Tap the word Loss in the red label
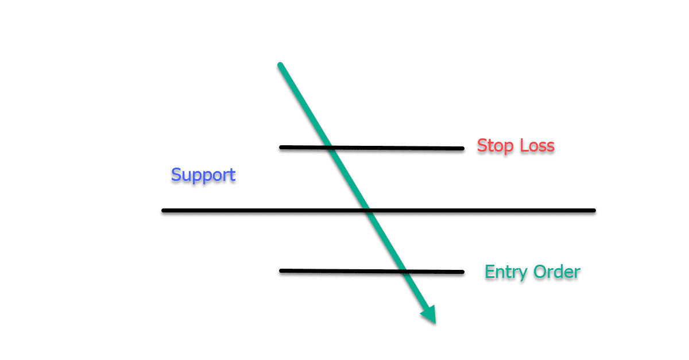pyautogui.click(x=537, y=146)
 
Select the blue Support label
pyautogui.click(x=203, y=175)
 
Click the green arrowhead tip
pyautogui.click(x=435, y=323)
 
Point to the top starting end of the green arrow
pyautogui.click(x=280, y=65)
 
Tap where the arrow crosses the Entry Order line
pyautogui.click(x=404, y=271)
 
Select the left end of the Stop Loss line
pyautogui.click(x=281, y=148)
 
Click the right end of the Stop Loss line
pyautogui.click(x=462, y=149)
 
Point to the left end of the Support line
pyautogui.click(x=164, y=211)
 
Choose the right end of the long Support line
pyautogui.click(x=594, y=211)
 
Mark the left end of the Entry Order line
pyautogui.click(x=281, y=271)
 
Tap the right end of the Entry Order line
pyautogui.click(x=462, y=272)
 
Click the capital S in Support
pyautogui.click(x=176, y=175)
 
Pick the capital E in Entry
pyautogui.click(x=490, y=272)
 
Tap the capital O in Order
pyautogui.click(x=541, y=272)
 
